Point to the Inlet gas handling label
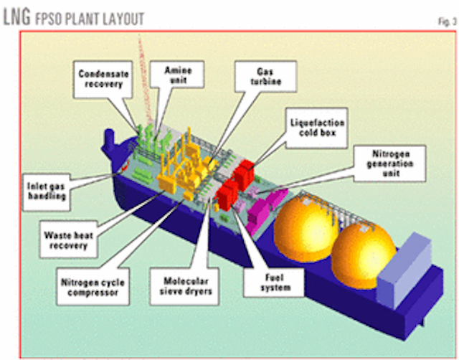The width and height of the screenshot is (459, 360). [x=49, y=186]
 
